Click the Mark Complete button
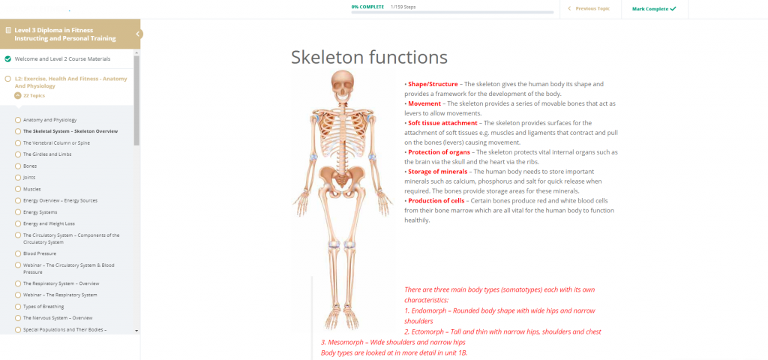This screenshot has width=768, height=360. pos(654,9)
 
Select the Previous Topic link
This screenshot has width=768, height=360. pos(589,9)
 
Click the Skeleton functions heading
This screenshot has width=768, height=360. pos(369,57)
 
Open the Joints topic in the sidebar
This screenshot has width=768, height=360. pos(29,177)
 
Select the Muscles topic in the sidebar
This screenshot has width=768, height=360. pos(31,189)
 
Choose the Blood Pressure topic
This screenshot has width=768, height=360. pos(40,253)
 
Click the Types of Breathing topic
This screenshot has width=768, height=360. pos(43,307)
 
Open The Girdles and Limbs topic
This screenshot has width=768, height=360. pos(47,154)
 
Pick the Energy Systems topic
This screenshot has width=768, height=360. pos(40,212)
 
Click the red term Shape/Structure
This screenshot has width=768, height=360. pos(433,84)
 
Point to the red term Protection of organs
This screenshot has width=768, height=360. pos(439,152)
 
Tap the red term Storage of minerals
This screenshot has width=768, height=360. pos(438,172)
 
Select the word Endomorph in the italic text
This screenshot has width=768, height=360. pos(429,310)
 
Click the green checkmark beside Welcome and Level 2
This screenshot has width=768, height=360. pos(7,58)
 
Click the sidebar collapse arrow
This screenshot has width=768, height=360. pos(138,34)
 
